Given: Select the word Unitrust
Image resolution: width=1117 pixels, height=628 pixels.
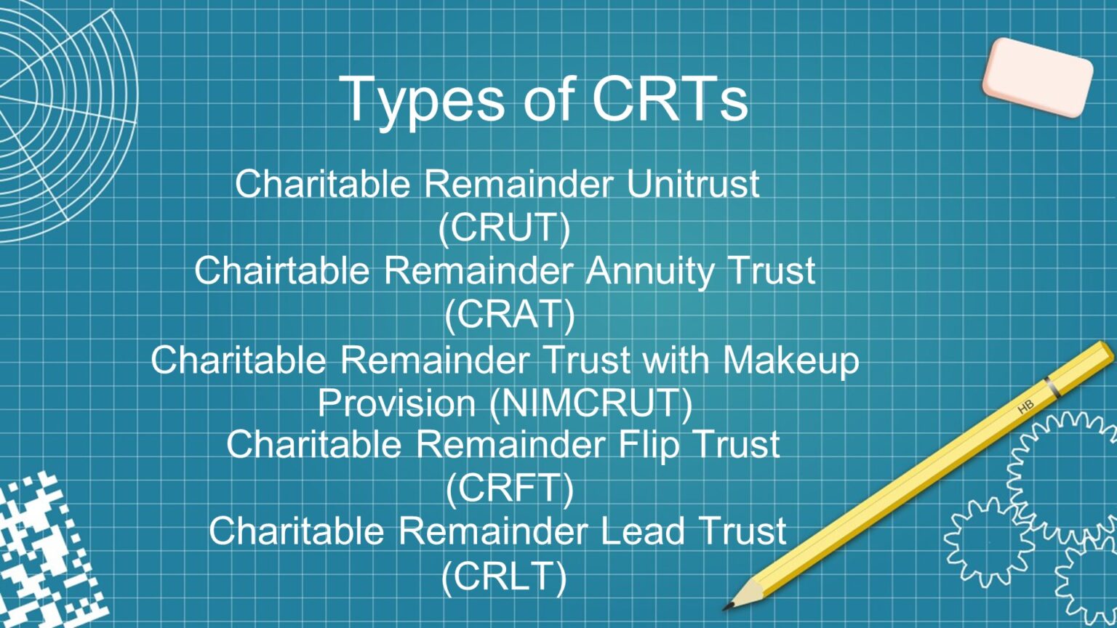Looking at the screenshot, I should point(692,183).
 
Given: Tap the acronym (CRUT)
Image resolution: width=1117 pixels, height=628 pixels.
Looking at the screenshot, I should point(504,228).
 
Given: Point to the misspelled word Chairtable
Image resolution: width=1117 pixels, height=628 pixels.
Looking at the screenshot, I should point(281,270).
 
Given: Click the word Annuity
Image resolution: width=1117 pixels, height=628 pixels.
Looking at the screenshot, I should point(650,272).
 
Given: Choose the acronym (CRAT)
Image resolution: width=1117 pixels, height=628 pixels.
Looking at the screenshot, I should point(509,314).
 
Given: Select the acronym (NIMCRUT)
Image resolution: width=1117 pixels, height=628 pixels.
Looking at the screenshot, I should point(590,403).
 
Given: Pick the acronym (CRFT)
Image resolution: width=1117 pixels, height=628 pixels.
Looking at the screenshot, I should point(509,488).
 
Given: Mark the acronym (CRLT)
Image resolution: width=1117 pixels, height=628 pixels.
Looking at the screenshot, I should point(504,576).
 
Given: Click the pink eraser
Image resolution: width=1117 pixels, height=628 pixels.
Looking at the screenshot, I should point(1038,76).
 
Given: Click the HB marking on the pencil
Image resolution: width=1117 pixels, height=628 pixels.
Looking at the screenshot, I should point(1025,408).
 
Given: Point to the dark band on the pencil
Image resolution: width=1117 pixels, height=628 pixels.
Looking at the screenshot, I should point(1052,387).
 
